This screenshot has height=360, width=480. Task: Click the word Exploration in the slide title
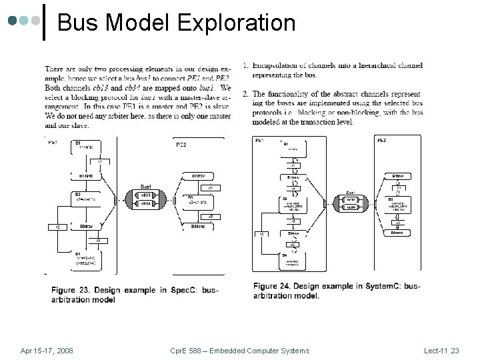point(236,23)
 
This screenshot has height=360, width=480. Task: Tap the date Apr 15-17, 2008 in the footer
point(47,351)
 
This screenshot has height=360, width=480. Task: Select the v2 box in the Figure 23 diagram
point(58,227)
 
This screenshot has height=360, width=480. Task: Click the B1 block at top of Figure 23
point(78,143)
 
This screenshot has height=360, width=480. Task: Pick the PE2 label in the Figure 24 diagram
point(382,141)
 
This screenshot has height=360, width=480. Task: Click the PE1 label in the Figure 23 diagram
point(52,141)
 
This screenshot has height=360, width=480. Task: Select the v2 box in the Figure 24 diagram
point(262,233)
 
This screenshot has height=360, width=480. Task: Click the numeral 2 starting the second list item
point(245,94)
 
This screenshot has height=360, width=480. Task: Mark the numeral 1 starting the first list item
point(245,65)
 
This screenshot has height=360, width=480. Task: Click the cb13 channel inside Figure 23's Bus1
point(146,195)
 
